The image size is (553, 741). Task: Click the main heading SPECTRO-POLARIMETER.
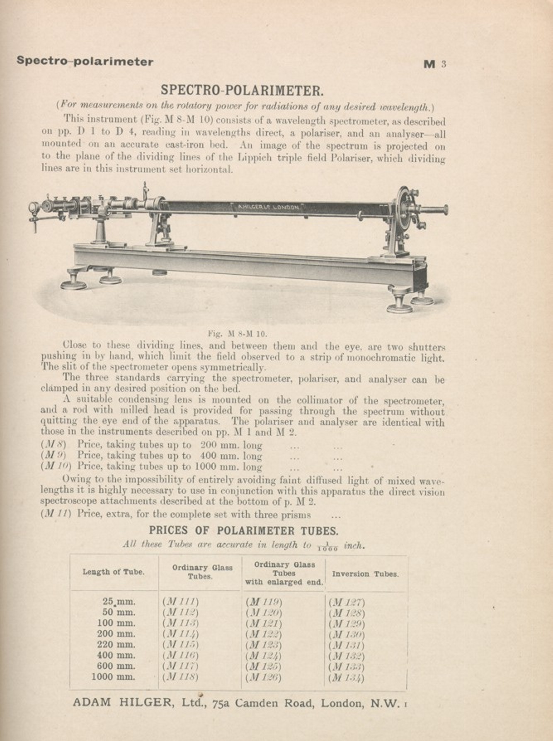(242, 90)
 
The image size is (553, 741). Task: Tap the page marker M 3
(434, 64)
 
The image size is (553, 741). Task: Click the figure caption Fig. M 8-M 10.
(238, 333)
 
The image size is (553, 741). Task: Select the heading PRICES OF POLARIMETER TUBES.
(243, 530)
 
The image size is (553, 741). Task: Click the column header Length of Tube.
(114, 572)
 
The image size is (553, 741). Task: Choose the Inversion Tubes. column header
(365, 574)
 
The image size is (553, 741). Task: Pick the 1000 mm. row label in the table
(114, 677)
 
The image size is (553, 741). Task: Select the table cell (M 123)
(264, 645)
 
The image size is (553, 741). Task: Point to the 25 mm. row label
(119, 601)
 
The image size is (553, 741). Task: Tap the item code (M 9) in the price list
(54, 456)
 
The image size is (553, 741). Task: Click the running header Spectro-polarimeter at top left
(85, 62)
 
